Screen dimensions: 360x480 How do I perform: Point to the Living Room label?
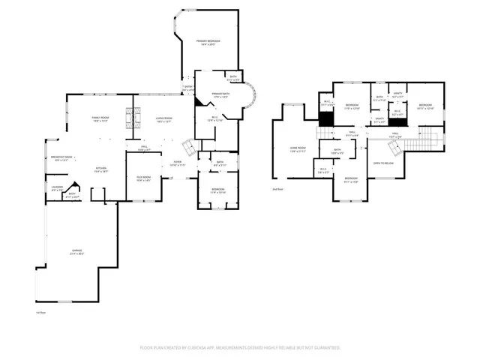coord(164,118)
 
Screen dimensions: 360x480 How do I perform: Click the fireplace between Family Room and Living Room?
coord(135,118)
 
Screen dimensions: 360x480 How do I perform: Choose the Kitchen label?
coord(100,168)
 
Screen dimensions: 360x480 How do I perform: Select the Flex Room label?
coord(144,177)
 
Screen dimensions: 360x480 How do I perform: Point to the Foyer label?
coord(178,162)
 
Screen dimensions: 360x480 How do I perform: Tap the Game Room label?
coord(298,148)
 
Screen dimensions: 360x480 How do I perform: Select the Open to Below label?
coord(384,163)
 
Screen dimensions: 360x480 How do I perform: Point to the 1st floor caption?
coord(41,312)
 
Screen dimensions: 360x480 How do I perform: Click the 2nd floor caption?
coord(277,190)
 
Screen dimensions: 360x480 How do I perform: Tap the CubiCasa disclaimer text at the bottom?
coord(240,347)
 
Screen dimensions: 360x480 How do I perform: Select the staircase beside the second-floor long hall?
coord(426,138)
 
